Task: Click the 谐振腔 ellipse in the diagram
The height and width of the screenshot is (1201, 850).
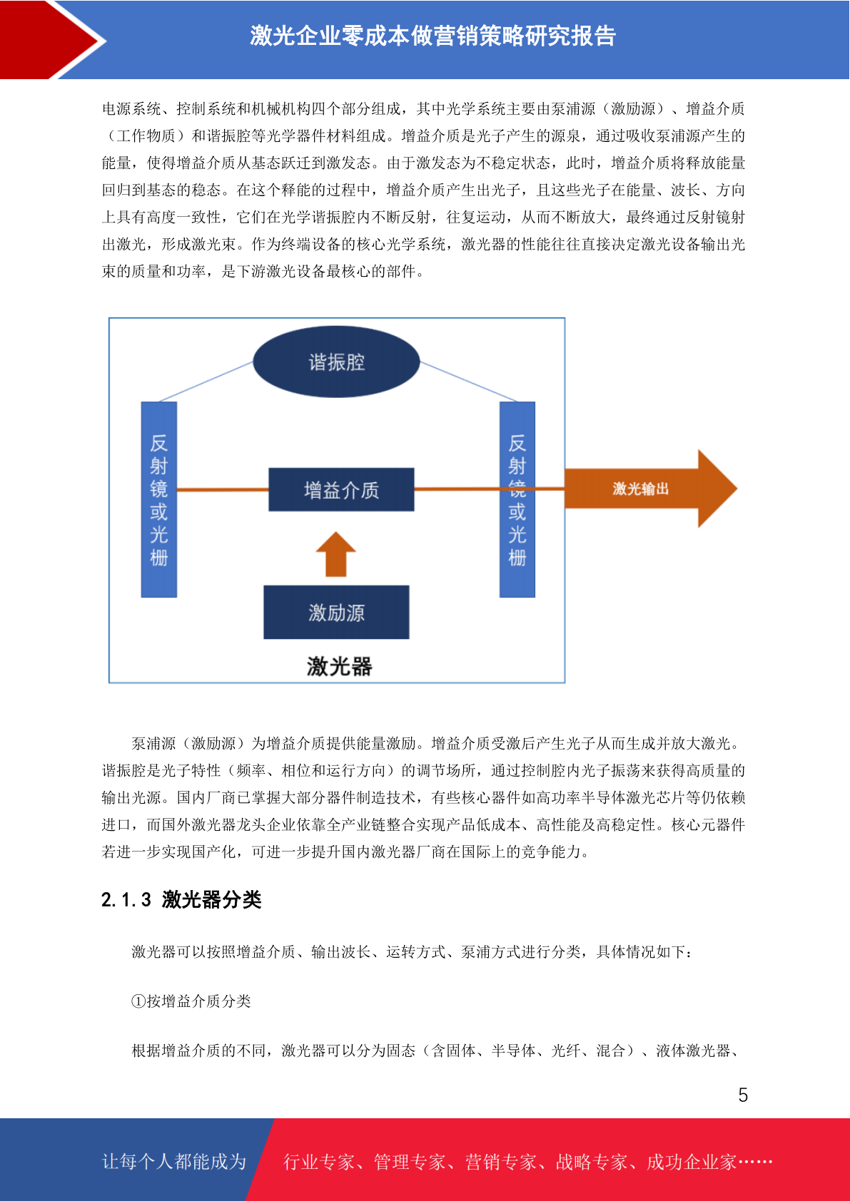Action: [336, 362]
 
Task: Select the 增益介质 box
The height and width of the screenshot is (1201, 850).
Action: [341, 489]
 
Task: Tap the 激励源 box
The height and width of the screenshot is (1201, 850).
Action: [336, 613]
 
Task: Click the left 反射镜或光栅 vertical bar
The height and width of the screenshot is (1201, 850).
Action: [159, 499]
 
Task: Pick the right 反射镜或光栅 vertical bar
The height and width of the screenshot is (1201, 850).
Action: [517, 499]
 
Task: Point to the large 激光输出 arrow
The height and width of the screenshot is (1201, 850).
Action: [651, 489]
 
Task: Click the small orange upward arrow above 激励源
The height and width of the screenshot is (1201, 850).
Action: [336, 554]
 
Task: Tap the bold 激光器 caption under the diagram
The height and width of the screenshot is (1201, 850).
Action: [339, 666]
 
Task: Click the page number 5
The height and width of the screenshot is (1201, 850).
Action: [743, 1095]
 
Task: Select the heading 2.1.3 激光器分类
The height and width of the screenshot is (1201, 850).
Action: [181, 899]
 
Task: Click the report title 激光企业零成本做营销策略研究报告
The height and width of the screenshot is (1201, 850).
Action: [432, 36]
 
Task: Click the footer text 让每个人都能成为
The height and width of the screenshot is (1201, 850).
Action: [174, 1161]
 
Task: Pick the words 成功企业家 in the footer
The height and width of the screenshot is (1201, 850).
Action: [692, 1162]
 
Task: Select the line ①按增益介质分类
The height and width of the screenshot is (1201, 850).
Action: [191, 1001]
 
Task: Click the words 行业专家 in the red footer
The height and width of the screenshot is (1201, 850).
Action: [319, 1162]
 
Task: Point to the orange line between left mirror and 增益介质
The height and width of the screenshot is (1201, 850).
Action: [223, 489]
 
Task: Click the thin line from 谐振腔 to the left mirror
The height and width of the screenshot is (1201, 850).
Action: [206, 382]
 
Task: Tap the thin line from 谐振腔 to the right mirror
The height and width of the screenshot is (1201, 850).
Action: [468, 382]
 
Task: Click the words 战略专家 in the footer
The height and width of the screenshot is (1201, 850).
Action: [592, 1162]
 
